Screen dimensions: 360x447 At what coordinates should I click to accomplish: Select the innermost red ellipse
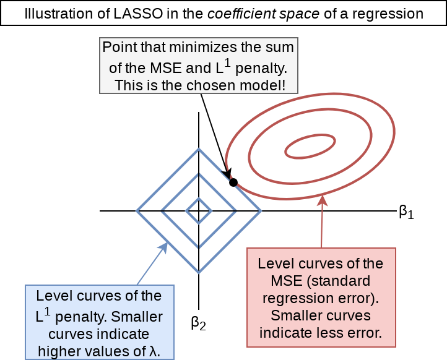[309, 147]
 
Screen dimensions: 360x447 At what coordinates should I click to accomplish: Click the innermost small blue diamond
[199, 211]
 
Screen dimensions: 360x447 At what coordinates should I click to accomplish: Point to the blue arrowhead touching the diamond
[165, 247]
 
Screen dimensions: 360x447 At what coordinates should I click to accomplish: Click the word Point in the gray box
[119, 47]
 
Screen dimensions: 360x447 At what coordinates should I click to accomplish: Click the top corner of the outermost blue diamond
[199, 149]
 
